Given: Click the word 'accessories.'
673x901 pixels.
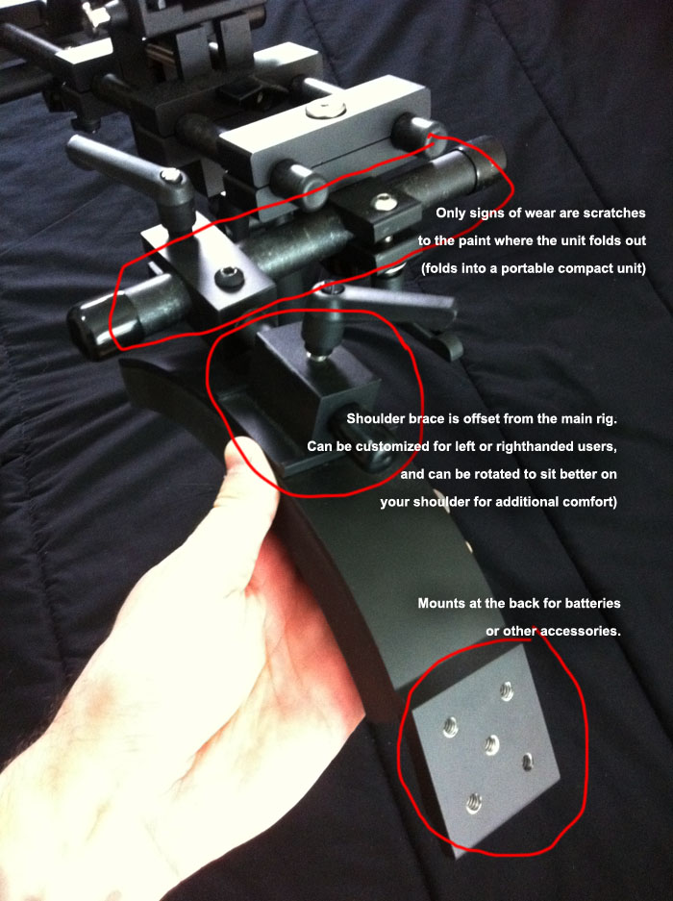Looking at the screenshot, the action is [581, 631].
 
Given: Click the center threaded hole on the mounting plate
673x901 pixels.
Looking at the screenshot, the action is [491, 744].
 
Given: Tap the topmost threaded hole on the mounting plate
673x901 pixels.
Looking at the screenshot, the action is [507, 690].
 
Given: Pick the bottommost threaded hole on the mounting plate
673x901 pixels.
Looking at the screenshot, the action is [474, 803].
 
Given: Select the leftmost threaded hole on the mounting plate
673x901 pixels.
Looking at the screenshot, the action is [451, 728].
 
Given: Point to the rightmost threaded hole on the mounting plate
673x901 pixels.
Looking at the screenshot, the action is [528, 762].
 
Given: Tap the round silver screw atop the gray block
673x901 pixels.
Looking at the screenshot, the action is [326, 110].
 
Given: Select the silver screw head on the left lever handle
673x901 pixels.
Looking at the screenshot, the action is [172, 176].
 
